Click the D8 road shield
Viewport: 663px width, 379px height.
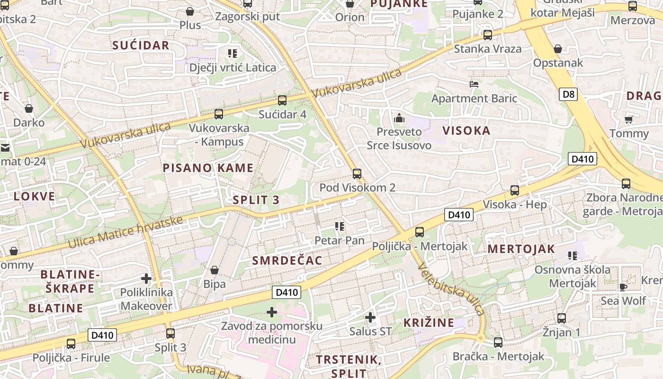point(569,94)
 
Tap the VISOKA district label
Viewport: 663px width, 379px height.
point(466,130)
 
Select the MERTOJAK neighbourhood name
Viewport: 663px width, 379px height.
point(521,249)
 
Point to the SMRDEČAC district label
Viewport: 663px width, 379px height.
point(287,260)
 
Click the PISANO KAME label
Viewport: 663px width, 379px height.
point(208,168)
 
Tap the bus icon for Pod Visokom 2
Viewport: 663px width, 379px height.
point(357,174)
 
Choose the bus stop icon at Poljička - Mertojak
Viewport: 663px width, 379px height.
point(419,232)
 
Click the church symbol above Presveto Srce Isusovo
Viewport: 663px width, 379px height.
point(399,117)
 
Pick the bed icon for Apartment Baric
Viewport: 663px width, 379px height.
point(474,84)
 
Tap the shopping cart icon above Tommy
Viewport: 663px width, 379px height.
point(628,119)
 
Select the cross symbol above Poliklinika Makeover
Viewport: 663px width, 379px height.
point(146,279)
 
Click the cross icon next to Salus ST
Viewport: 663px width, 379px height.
point(370,317)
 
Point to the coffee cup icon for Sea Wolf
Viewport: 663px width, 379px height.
point(623,287)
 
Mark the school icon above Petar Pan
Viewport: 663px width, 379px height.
point(340,226)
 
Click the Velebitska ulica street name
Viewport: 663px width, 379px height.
point(451,289)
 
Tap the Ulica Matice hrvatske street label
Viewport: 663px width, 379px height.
point(125,232)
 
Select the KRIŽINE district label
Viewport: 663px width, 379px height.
point(429,323)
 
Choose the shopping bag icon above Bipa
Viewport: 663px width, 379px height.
point(215,270)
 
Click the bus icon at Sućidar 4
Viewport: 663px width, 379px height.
point(282,100)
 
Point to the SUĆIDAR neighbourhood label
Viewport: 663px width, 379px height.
point(141,45)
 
